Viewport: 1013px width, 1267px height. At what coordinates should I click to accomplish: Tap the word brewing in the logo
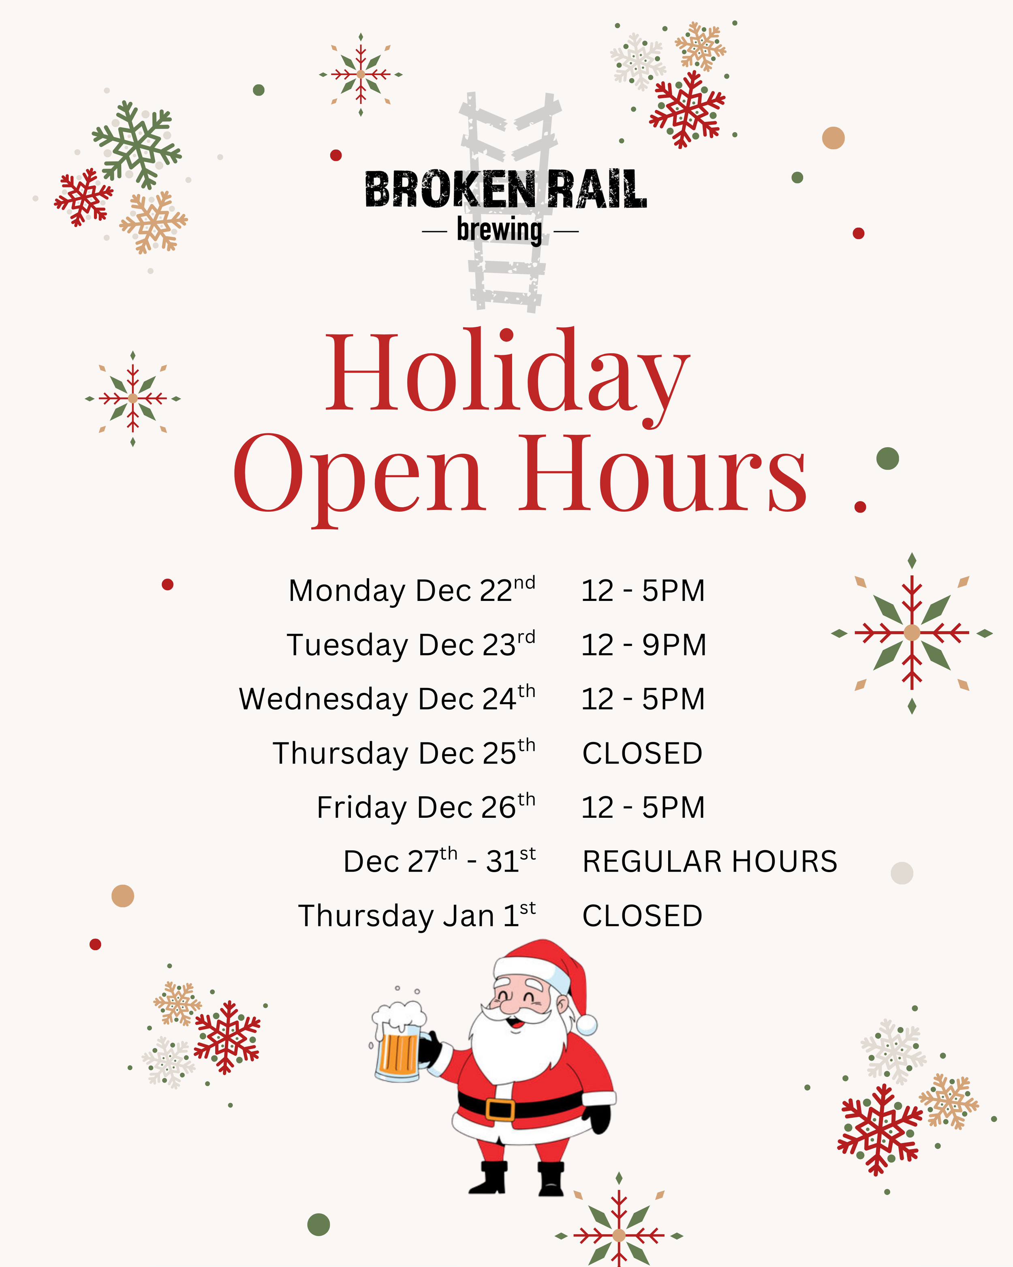point(499,230)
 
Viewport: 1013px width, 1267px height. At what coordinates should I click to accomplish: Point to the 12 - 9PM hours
point(643,645)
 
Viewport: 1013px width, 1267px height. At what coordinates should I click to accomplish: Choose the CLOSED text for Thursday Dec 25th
point(643,753)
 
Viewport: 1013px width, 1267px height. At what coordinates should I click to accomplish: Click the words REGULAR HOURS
point(710,862)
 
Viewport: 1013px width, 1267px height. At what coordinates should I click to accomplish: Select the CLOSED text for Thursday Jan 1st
point(643,915)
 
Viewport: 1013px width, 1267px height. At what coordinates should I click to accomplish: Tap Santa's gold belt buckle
point(500,1110)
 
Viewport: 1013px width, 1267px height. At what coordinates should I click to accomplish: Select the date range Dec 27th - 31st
point(439,862)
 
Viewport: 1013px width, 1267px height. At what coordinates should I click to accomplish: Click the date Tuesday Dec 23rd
point(410,645)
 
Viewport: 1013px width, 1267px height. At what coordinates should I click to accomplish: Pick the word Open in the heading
point(359,476)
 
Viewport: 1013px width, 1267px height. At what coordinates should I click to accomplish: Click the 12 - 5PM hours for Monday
point(643,591)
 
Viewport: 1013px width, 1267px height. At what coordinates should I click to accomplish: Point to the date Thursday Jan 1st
point(417,915)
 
